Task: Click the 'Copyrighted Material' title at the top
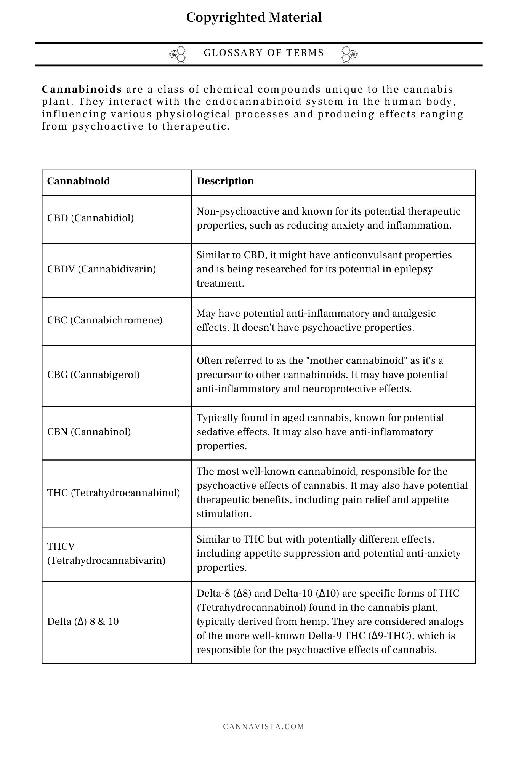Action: (x=254, y=18)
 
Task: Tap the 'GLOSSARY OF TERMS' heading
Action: (x=264, y=53)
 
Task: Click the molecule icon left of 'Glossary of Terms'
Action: (x=178, y=54)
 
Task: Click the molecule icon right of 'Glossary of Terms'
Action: (x=349, y=54)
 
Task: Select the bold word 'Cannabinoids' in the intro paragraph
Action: (x=82, y=90)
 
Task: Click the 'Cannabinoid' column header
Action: (x=79, y=181)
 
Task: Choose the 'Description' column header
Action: (x=225, y=181)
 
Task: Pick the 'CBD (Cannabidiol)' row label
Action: (x=90, y=218)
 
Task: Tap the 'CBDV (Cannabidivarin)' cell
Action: (x=101, y=269)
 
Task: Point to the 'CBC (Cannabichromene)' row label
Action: (x=105, y=320)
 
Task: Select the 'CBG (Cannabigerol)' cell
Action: (x=93, y=375)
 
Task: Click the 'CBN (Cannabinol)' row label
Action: (x=89, y=432)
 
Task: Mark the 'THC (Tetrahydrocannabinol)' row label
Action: (x=114, y=493)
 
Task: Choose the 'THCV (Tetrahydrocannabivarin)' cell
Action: (x=106, y=554)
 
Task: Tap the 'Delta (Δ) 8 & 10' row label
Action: (x=83, y=621)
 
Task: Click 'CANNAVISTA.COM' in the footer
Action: (x=264, y=727)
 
